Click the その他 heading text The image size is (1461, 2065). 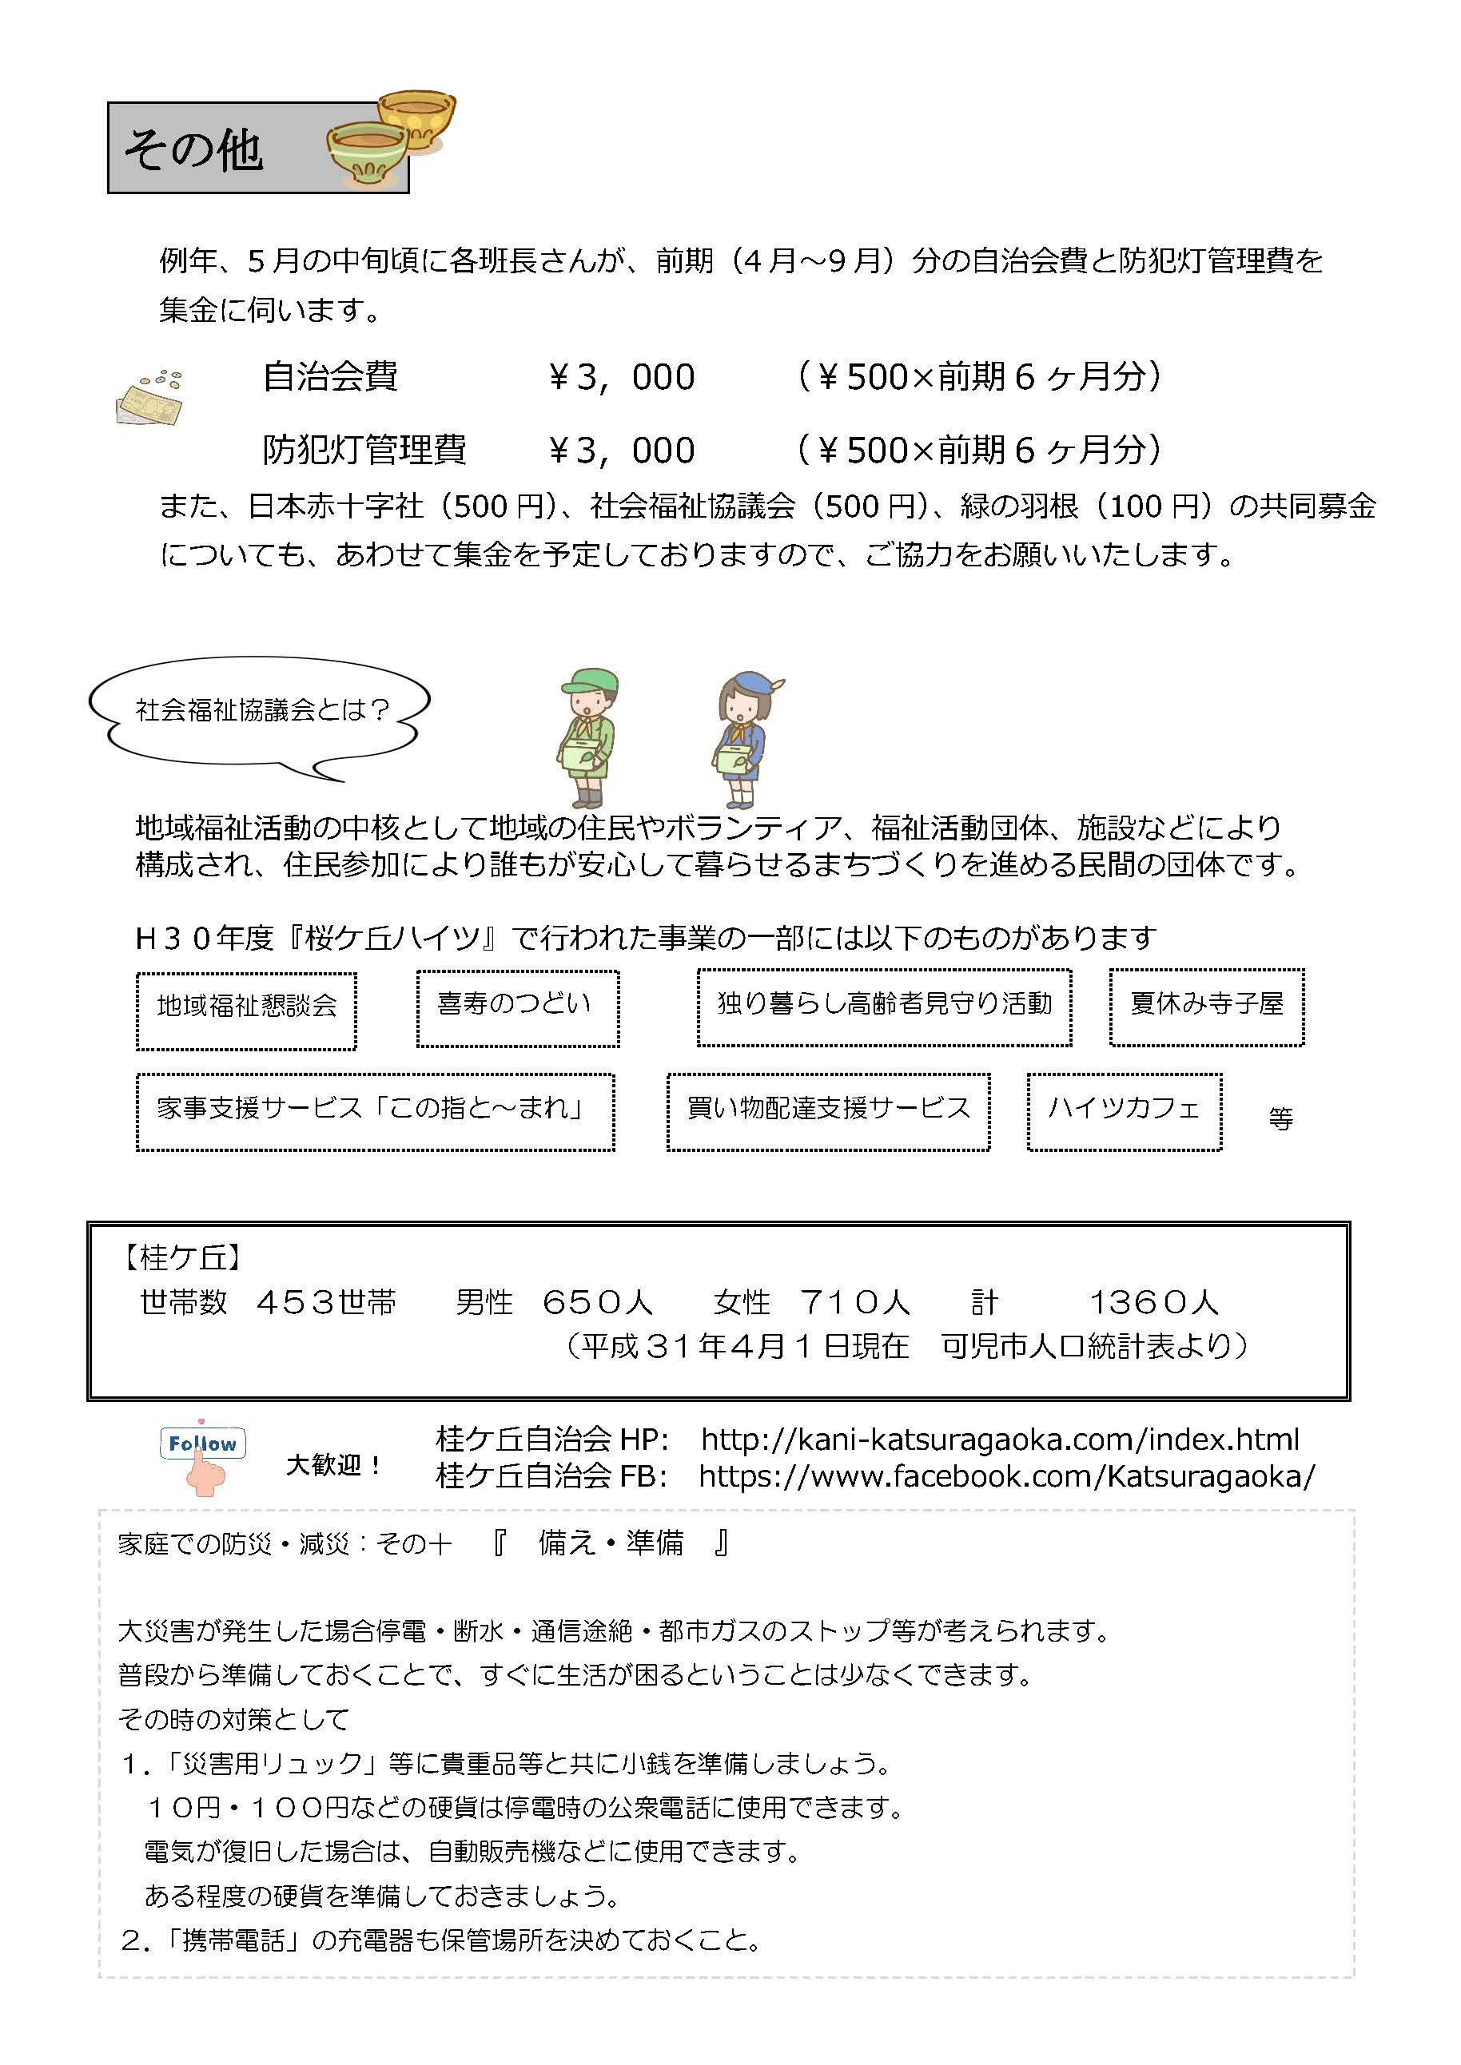pyautogui.click(x=193, y=149)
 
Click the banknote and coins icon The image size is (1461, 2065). pyautogui.click(x=151, y=397)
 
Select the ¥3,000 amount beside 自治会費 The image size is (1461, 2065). pyautogui.click(x=622, y=377)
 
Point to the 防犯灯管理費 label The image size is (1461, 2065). pyautogui.click(x=364, y=450)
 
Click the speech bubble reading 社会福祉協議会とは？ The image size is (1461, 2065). pyautogui.click(x=261, y=712)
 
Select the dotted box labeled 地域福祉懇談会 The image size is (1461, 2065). pyautogui.click(x=246, y=1010)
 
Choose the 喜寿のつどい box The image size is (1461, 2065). pyautogui.click(x=517, y=1007)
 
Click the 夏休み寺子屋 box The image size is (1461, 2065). pyautogui.click(x=1206, y=1007)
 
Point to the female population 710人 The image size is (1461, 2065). pyautogui.click(x=854, y=1302)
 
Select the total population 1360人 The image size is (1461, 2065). pyautogui.click(x=1153, y=1302)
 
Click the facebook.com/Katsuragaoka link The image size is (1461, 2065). pyautogui.click(x=1005, y=1477)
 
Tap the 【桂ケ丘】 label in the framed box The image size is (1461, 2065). pyautogui.click(x=181, y=1258)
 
